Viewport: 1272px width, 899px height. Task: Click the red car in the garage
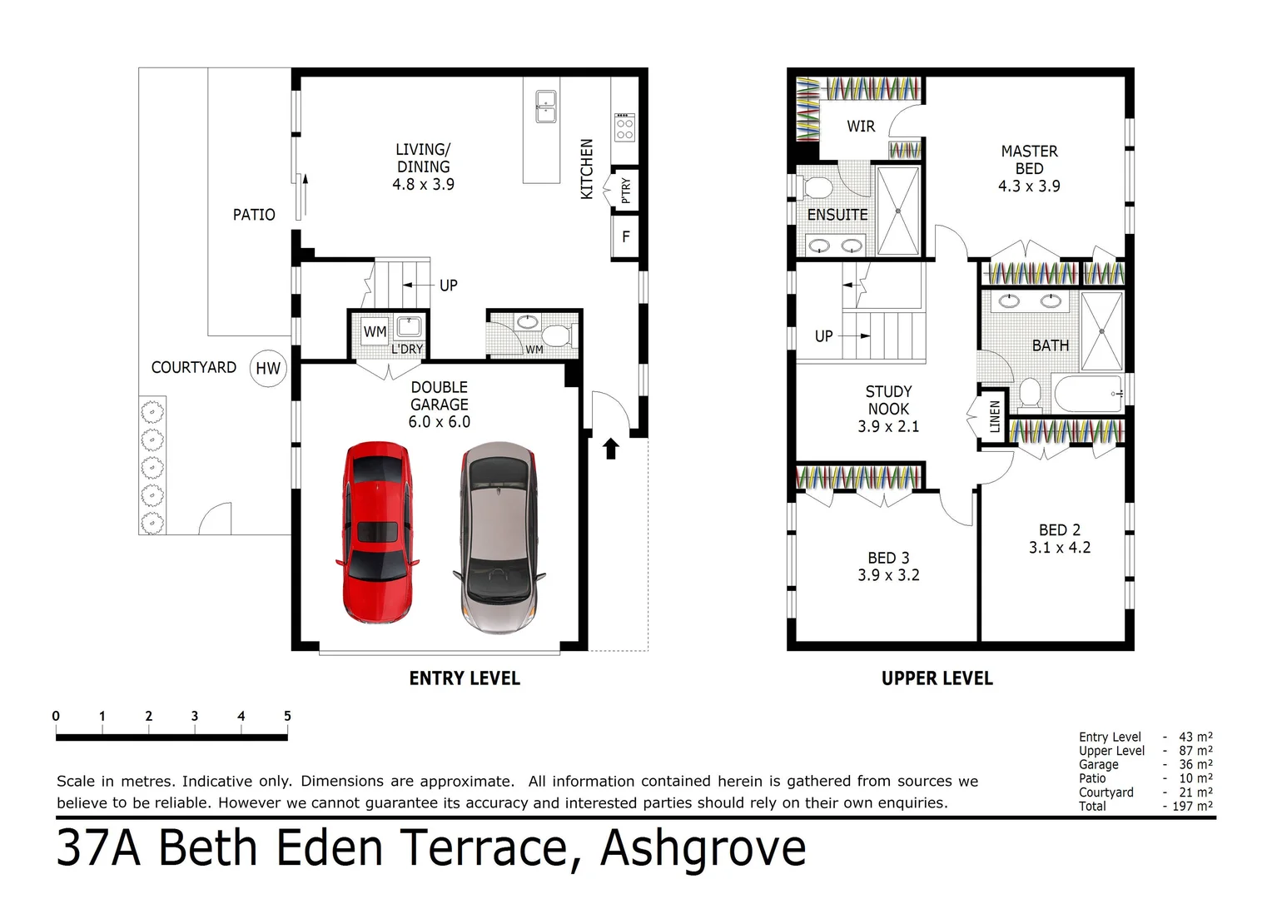coord(377,533)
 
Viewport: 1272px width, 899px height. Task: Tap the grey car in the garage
coord(499,537)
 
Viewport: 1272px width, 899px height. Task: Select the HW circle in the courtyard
coord(268,368)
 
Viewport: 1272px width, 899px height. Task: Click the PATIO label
coord(254,215)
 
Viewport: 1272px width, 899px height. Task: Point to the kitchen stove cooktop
coord(624,127)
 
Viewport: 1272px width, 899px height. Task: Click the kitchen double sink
coord(546,107)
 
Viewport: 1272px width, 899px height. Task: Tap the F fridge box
coord(625,236)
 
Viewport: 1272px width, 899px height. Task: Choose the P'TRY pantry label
coord(626,191)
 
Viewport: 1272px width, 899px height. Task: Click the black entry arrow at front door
coord(610,448)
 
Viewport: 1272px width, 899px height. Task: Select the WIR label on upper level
coord(861,126)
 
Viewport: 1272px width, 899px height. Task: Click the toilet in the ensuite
coord(813,187)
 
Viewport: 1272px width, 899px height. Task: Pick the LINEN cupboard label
coord(995,416)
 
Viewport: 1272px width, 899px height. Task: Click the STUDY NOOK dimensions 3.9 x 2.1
coord(888,426)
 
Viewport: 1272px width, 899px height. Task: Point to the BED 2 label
coord(1060,530)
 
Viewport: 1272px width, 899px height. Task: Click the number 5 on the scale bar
coord(287,716)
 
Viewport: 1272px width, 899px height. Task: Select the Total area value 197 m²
coord(1192,805)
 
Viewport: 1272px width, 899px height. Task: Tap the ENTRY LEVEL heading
coord(465,678)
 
